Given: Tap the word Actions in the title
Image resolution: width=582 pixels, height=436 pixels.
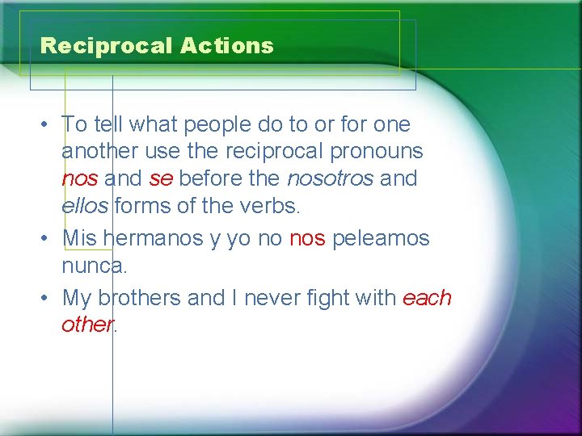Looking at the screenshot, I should (227, 46).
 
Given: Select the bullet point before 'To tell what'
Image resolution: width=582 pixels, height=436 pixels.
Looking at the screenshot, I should (49, 125).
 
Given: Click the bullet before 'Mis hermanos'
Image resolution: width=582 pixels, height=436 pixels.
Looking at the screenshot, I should (49, 240).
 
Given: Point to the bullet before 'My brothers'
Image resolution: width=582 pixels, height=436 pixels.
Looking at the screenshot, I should (49, 299).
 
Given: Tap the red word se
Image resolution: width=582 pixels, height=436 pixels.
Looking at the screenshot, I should (160, 178).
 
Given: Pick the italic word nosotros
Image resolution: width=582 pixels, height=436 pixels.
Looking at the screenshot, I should (330, 178).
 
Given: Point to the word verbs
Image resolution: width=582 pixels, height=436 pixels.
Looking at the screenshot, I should (272, 205).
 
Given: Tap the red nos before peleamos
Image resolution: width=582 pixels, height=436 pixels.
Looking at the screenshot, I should (307, 240).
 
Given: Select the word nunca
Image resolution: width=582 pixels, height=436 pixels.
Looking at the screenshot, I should (92, 265).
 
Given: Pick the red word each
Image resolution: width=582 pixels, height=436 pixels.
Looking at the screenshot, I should (427, 298).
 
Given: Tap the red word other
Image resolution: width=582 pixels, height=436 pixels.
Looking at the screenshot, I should (86, 325).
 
